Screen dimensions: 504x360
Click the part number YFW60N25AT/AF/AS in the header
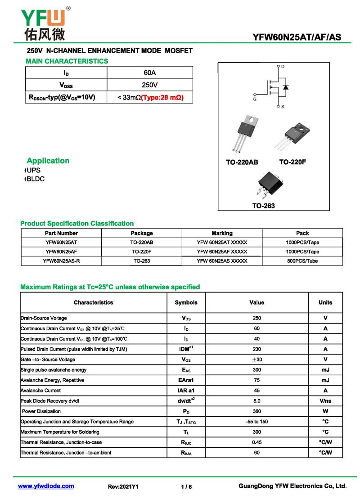tap(297, 37)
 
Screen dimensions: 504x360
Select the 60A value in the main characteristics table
tap(150, 73)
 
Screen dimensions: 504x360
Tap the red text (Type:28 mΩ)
tap(162, 97)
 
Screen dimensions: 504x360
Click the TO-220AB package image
tap(245, 132)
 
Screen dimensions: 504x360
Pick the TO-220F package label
tap(292, 162)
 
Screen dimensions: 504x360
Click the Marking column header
tap(222, 233)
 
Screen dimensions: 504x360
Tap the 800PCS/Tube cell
tap(302, 261)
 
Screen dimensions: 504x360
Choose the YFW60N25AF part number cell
tap(61, 252)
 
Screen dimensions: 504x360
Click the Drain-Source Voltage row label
tap(44, 318)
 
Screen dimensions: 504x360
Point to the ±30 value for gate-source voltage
tap(256, 360)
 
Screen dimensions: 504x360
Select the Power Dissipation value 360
tap(256, 411)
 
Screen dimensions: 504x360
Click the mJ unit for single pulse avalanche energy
tap(325, 370)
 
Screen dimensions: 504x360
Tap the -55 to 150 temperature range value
tap(256, 422)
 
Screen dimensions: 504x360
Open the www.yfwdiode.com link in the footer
tap(46, 486)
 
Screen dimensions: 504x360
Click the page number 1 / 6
tap(186, 487)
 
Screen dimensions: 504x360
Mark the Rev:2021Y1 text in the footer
tap(123, 487)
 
